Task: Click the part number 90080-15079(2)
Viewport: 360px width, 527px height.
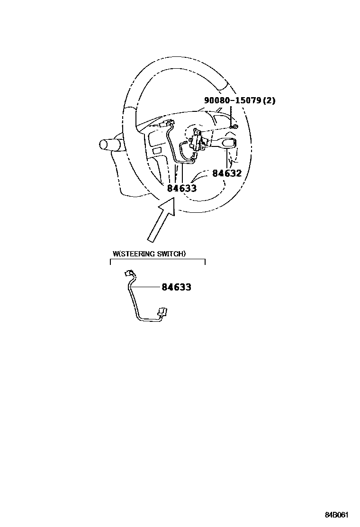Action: [240, 100]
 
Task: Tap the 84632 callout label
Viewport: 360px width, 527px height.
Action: [227, 173]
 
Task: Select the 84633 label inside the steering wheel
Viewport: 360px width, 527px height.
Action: [182, 188]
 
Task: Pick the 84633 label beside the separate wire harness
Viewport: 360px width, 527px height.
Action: [177, 287]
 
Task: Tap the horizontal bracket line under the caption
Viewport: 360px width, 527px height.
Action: [157, 260]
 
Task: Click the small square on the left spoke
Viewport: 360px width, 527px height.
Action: [157, 150]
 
